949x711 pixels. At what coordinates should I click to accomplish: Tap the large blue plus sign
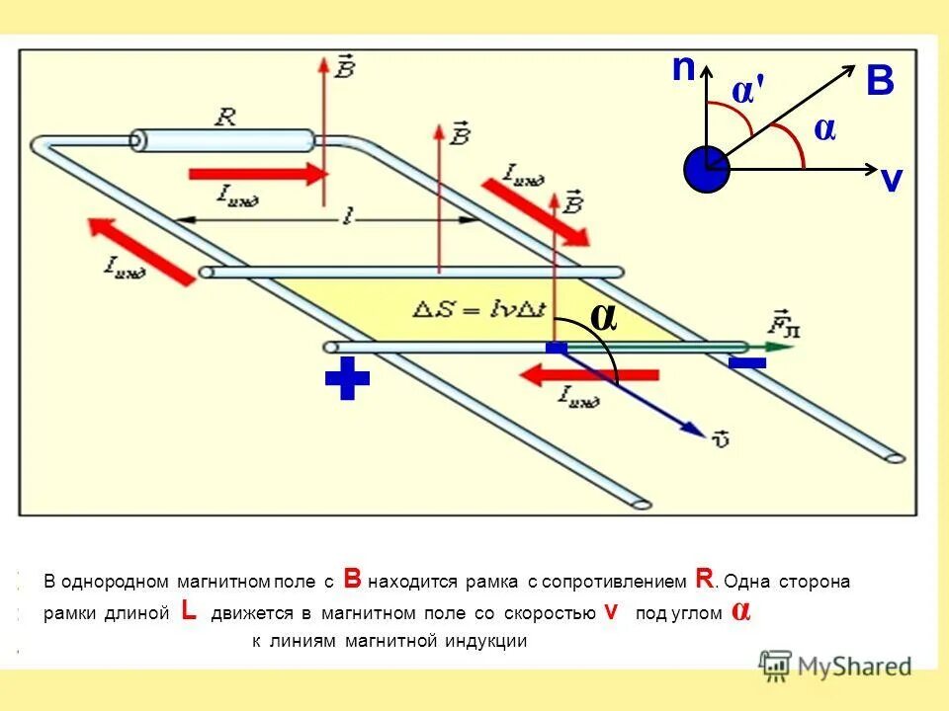pos(347,380)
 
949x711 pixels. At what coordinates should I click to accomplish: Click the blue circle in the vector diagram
pos(706,169)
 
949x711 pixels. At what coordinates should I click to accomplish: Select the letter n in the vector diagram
pos(683,69)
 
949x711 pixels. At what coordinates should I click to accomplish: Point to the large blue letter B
pos(880,82)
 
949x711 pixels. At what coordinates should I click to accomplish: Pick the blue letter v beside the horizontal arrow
pos(892,180)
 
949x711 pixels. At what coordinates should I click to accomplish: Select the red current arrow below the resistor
pos(257,174)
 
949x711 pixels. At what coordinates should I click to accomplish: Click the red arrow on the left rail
pos(140,251)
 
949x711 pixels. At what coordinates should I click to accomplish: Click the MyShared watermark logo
pos(835,666)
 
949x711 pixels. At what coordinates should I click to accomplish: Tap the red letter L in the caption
pos(190,611)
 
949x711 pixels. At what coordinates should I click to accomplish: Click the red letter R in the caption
pos(704,579)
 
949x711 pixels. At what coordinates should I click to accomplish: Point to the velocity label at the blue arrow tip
pos(720,435)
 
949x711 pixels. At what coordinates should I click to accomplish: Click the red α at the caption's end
pos(740,611)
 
